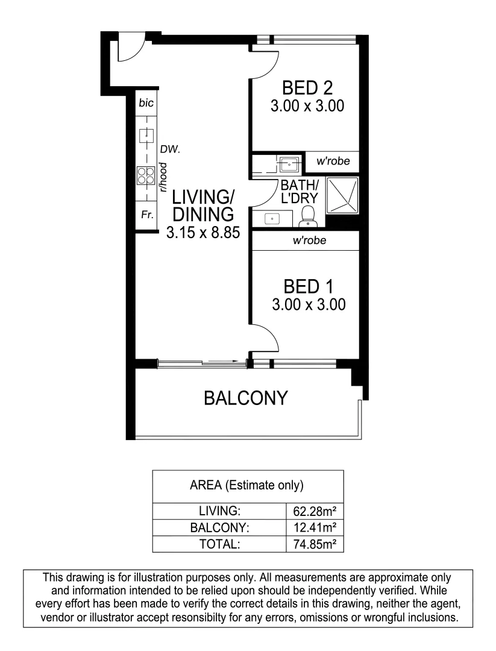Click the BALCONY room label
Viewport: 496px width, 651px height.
coord(245,398)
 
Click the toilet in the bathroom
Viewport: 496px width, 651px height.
coord(309,216)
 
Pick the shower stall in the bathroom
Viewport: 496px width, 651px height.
coord(342,196)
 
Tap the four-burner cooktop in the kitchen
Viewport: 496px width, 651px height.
coord(146,175)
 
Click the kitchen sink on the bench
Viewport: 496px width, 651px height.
coord(146,136)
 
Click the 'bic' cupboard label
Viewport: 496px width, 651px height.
coord(146,103)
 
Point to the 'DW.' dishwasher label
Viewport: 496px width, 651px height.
coord(168,148)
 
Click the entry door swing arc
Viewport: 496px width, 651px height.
coord(131,49)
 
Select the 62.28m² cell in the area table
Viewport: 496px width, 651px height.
coord(314,511)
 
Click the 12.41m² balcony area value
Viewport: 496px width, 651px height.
coord(314,528)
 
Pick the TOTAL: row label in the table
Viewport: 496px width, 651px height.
coord(220,544)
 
